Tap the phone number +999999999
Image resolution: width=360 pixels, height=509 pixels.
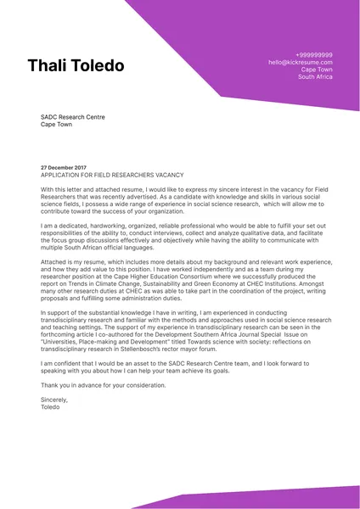314,54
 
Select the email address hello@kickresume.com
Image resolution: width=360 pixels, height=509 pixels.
301,62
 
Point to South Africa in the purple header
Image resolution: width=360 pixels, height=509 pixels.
315,77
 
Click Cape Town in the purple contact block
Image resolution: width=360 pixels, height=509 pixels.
317,70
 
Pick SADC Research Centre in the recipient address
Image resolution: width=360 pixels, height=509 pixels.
73,117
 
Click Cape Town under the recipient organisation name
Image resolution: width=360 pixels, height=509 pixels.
58,125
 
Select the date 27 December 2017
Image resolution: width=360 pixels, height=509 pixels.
64,167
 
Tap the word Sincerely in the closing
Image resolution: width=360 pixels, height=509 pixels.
53,400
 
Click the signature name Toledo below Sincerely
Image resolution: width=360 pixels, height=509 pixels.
51,407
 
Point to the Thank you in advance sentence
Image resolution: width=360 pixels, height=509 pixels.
103,384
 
